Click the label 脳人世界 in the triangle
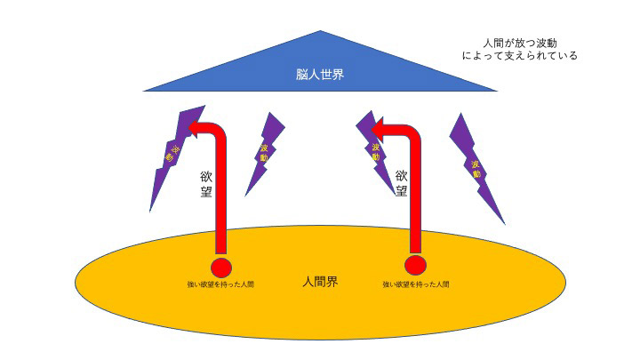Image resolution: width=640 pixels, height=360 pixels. [320, 75]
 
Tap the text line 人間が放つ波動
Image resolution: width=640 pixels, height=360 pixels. [520, 42]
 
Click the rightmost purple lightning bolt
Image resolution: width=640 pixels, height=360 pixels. [475, 164]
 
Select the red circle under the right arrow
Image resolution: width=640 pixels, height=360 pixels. [415, 265]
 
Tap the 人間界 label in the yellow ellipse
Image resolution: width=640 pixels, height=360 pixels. [320, 282]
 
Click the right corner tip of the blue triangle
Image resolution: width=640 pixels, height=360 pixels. [498, 91]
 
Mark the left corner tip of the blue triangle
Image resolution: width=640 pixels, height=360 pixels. [143, 91]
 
